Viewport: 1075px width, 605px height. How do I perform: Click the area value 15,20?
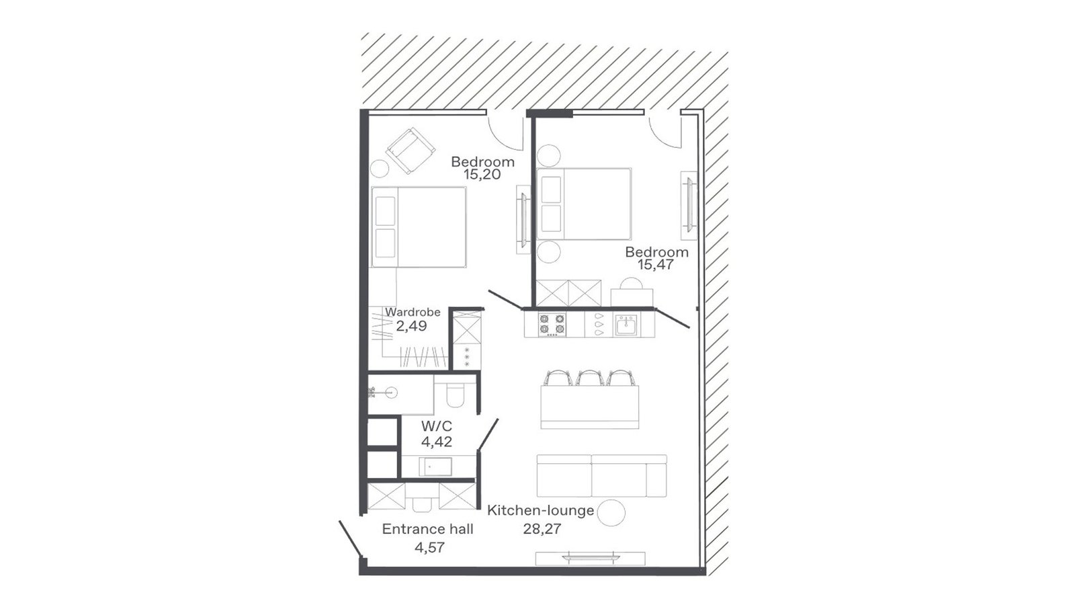(x=482, y=174)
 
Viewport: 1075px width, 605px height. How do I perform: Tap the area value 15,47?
(x=656, y=265)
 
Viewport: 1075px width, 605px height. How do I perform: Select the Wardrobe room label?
(x=413, y=312)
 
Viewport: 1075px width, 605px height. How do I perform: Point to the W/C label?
(x=437, y=426)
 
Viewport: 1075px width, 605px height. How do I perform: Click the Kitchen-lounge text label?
(x=541, y=510)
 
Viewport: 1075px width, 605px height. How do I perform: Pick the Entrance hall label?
(x=427, y=529)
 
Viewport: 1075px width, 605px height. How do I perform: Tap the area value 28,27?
(x=542, y=529)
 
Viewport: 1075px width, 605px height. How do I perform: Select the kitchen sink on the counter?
(x=626, y=325)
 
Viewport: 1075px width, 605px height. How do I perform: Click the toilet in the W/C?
(x=454, y=394)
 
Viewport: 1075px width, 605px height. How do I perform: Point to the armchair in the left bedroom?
(x=411, y=151)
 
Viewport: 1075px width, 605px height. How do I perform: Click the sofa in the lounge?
(x=602, y=475)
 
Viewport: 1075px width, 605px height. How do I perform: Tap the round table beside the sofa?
(x=612, y=512)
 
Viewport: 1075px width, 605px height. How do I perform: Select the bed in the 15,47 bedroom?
(x=584, y=204)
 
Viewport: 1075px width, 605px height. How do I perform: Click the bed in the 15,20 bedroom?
(x=419, y=227)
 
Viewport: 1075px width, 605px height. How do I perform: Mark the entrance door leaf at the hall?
(x=350, y=540)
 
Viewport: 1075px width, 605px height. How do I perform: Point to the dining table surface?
(x=590, y=407)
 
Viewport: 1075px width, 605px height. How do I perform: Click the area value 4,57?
(x=429, y=547)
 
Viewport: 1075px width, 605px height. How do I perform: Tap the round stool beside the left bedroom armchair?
(x=379, y=169)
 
